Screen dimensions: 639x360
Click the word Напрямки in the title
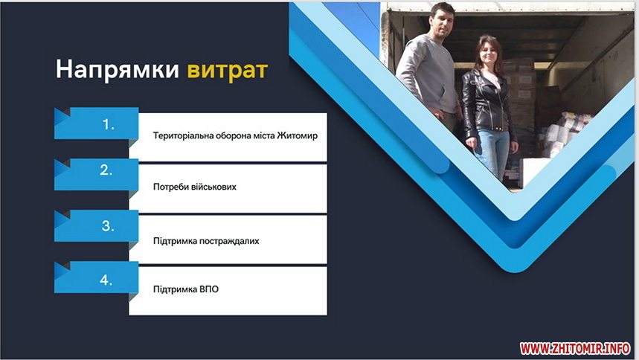click(118, 70)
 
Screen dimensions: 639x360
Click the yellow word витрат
click(228, 70)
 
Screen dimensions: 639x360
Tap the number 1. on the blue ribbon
click(108, 124)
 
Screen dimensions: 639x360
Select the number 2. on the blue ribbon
click(106, 170)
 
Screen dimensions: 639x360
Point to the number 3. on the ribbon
click(108, 225)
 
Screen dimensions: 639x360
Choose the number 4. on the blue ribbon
click(106, 280)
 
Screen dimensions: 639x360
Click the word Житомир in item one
click(297, 135)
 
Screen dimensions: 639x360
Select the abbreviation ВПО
click(209, 289)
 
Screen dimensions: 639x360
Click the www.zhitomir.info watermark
click(575, 349)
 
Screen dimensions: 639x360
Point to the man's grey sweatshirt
click(426, 74)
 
